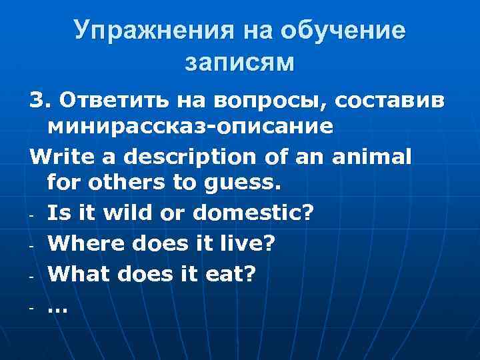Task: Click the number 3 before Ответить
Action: pyautogui.click(x=37, y=100)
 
